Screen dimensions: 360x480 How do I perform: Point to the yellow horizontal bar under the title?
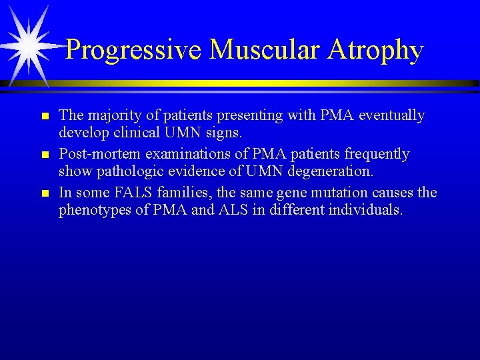tap(267, 83)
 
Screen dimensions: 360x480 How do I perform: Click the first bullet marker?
tap(45, 117)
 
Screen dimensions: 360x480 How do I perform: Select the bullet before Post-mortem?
tap(45, 155)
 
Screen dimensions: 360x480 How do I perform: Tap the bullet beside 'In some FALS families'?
tap(45, 194)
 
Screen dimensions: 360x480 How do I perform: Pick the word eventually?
tap(391, 116)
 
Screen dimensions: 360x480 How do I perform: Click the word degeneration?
tap(333, 171)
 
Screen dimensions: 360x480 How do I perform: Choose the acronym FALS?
tap(132, 193)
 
